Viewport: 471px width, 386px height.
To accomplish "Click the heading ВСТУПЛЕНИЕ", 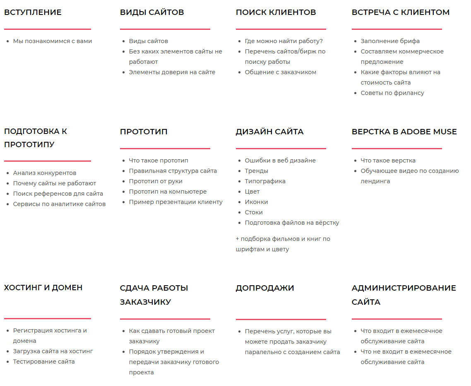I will (x=33, y=12).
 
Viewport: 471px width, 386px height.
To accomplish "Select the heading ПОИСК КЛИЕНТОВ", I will (x=276, y=12).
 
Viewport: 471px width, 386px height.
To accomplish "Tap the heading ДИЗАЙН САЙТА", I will (x=269, y=132).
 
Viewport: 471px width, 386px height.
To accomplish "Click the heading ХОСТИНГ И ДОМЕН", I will (x=43, y=288).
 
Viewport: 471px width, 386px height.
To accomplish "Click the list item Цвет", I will (x=252, y=192).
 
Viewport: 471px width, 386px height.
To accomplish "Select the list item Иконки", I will (x=256, y=202).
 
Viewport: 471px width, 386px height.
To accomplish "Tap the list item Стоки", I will (x=254, y=212).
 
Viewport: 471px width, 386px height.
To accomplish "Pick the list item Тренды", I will (x=256, y=171).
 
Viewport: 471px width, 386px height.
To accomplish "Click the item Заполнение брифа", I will (x=390, y=41).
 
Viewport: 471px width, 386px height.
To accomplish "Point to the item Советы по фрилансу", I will (x=392, y=93).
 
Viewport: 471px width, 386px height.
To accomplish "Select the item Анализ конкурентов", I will (x=45, y=173).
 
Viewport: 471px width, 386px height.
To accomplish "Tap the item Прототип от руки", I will (x=156, y=181).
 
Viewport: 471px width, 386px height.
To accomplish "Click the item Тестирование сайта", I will (x=44, y=362).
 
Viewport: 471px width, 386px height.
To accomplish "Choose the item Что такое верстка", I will (x=388, y=160).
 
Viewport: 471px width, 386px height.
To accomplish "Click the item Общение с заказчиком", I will (x=280, y=72).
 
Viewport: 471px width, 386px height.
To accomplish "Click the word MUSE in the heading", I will (x=445, y=132).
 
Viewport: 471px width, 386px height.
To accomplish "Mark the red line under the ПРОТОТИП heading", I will (x=165, y=148).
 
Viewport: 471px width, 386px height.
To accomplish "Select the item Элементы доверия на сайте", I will (x=172, y=72).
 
